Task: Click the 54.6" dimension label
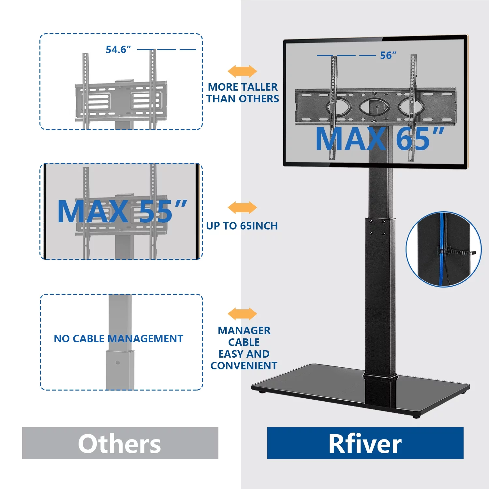[118, 50]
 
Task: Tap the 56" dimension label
[388, 55]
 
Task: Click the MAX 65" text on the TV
[380, 139]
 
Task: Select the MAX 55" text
[122, 212]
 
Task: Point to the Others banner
[120, 443]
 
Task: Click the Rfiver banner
[365, 443]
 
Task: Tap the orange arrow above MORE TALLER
[242, 71]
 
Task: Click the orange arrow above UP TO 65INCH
[242, 208]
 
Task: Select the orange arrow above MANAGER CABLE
[242, 314]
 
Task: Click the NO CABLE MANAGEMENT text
[118, 339]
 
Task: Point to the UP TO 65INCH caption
[242, 226]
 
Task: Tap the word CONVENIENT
[244, 366]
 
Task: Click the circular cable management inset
[443, 249]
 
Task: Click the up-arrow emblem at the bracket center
[377, 108]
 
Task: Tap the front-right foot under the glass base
[416, 416]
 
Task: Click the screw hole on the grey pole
[118, 363]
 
